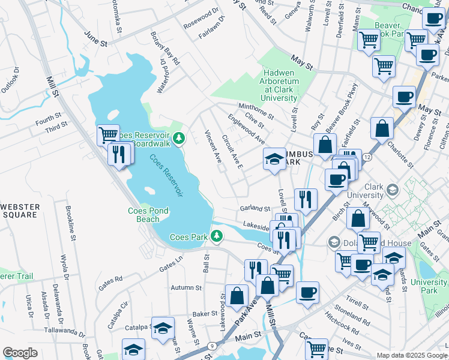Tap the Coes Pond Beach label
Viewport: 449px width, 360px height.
(x=148, y=215)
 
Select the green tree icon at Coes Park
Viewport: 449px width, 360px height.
(x=218, y=237)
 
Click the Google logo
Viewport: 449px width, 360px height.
(x=20, y=352)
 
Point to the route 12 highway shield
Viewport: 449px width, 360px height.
(x=367, y=156)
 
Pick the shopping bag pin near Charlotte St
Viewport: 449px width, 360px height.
(x=382, y=128)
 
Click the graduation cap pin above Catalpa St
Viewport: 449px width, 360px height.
(x=163, y=328)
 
